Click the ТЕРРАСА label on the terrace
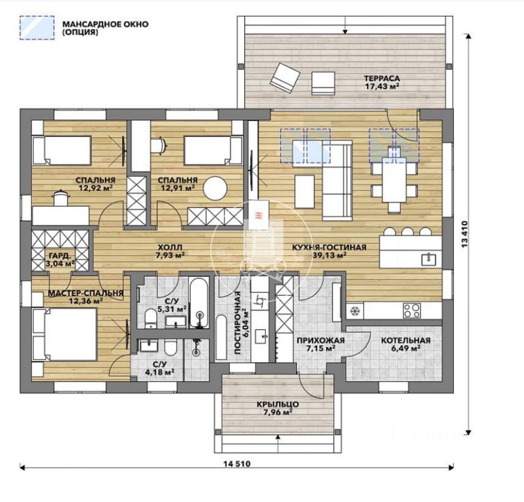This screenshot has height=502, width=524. point(382,78)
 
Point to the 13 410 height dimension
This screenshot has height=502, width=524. point(465,235)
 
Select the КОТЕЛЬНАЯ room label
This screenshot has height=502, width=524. point(406,340)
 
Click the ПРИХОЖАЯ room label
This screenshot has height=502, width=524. point(321,340)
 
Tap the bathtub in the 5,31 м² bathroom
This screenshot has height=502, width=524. point(199,303)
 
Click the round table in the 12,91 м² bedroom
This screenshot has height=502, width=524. point(215,188)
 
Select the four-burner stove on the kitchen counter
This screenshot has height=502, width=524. point(411,311)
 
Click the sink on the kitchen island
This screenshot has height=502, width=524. point(428,260)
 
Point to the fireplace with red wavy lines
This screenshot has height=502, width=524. point(259,215)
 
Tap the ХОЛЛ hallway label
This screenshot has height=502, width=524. point(169,247)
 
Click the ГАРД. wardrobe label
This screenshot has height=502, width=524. point(60,255)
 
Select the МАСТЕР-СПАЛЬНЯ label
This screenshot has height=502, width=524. point(86,293)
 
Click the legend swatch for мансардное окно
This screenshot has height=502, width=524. point(37,28)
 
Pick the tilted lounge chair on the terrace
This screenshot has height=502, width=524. point(285,78)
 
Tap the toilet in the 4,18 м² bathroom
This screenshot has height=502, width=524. point(170,348)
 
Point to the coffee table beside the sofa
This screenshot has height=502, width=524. point(304,192)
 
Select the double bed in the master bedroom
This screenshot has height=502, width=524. point(64,334)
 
